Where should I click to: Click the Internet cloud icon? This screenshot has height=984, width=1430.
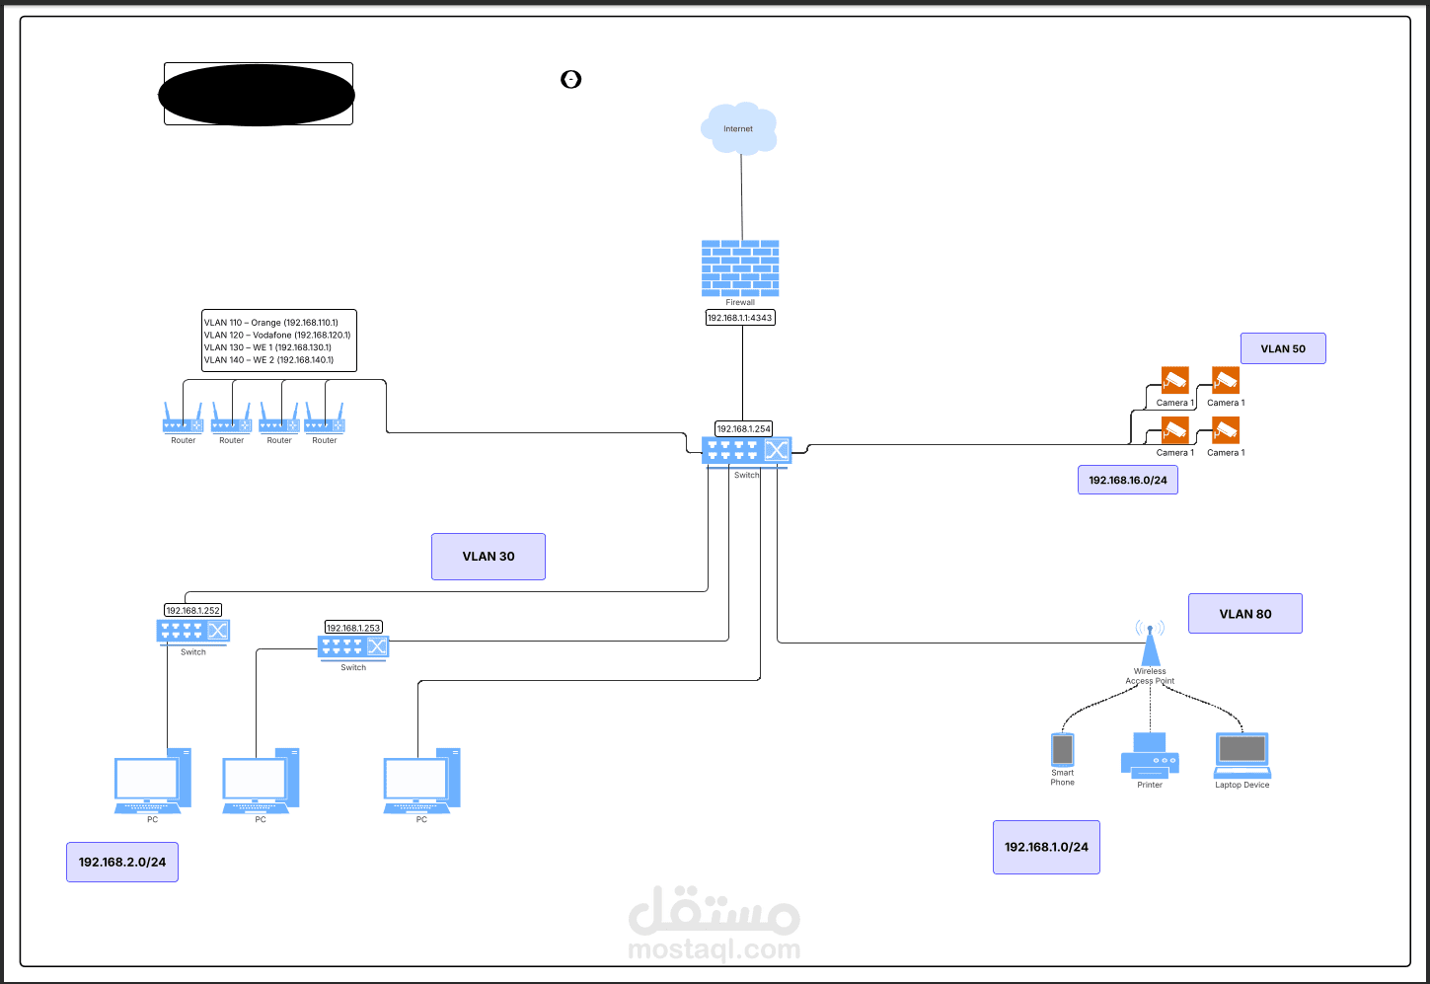click(738, 128)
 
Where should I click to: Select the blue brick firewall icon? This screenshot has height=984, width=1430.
click(740, 268)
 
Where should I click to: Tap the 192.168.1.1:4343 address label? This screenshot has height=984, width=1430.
click(740, 318)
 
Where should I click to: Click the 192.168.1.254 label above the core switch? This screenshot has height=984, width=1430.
click(743, 428)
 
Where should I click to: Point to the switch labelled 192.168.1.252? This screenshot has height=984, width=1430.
click(192, 631)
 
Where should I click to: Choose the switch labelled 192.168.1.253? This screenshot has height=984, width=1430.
click(353, 646)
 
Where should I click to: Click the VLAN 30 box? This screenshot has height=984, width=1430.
click(489, 557)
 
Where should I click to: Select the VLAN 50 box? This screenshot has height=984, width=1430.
click(1283, 348)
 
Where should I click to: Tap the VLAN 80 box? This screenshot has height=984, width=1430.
click(1244, 614)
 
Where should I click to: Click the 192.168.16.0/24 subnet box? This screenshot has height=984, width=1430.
click(1127, 480)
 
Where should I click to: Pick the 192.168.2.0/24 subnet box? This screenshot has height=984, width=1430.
click(122, 862)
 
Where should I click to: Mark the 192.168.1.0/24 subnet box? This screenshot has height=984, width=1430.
click(1046, 847)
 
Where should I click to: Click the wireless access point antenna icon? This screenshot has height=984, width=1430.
click(1150, 643)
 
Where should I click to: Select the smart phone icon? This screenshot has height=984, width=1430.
click(1062, 749)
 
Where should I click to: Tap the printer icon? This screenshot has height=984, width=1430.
click(1150, 755)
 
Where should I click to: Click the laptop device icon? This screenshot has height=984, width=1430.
click(1242, 755)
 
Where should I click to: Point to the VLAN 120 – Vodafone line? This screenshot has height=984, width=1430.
click(277, 335)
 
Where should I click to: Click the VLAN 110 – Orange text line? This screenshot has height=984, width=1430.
click(270, 323)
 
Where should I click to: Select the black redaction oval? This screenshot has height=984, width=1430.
click(257, 95)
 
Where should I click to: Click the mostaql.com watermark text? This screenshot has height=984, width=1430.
click(715, 948)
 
